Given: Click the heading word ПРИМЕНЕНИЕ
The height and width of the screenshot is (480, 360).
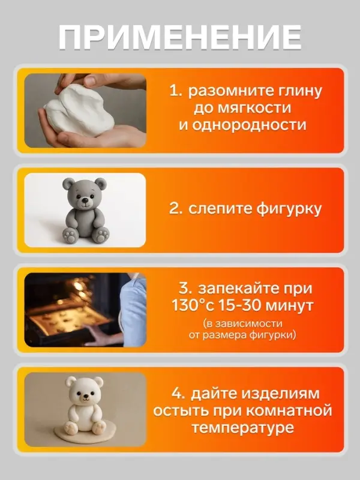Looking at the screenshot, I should [x=180, y=37].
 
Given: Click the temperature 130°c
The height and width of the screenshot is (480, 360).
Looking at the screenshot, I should [x=195, y=306].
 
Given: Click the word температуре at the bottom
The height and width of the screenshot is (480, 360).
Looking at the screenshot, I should [x=242, y=428].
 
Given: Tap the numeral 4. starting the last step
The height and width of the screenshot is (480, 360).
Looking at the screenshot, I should [x=178, y=394].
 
